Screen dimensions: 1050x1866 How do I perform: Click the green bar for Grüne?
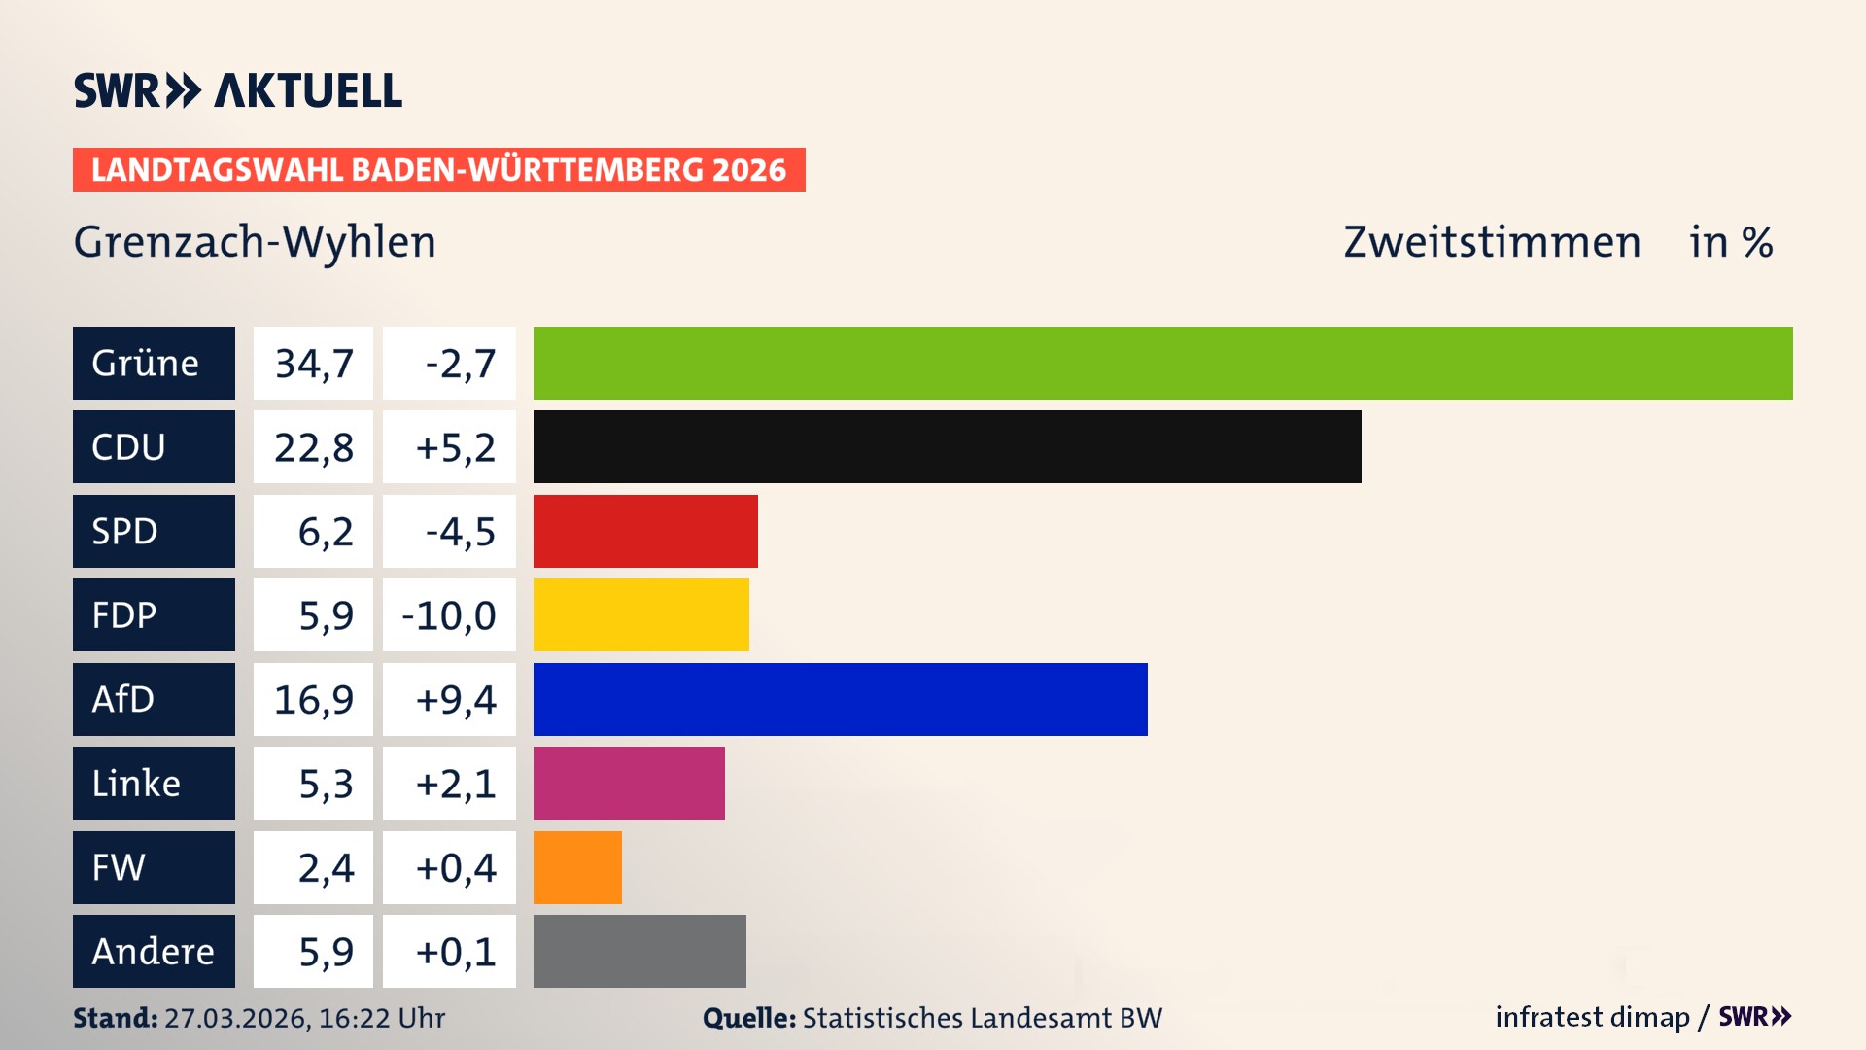coord(1162,363)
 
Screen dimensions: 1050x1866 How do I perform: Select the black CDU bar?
coord(947,447)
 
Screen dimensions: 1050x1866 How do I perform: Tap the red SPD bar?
coord(645,531)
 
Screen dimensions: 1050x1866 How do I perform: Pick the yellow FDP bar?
coord(640,614)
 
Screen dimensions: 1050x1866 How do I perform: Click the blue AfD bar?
coord(840,699)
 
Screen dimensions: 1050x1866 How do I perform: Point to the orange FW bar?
coord(577,867)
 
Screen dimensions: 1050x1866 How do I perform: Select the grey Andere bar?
coord(639,951)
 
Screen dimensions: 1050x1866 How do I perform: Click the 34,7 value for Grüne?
coord(313,364)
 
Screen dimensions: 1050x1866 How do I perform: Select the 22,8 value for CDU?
coord(313,447)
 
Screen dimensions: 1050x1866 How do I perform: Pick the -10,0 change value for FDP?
coord(449,615)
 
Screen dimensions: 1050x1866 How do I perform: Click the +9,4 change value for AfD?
coord(455,699)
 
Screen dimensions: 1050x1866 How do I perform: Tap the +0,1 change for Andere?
coord(455,952)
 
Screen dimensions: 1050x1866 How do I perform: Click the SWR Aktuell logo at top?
coord(238,90)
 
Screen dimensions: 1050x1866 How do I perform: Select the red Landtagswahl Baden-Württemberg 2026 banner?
coord(438,169)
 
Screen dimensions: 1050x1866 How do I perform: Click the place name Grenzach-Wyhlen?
coord(255,242)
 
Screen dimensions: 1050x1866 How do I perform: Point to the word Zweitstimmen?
coord(1492,242)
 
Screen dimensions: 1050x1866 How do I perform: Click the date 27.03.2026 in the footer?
coord(236,1018)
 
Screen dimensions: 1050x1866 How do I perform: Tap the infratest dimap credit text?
coord(1592,1017)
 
